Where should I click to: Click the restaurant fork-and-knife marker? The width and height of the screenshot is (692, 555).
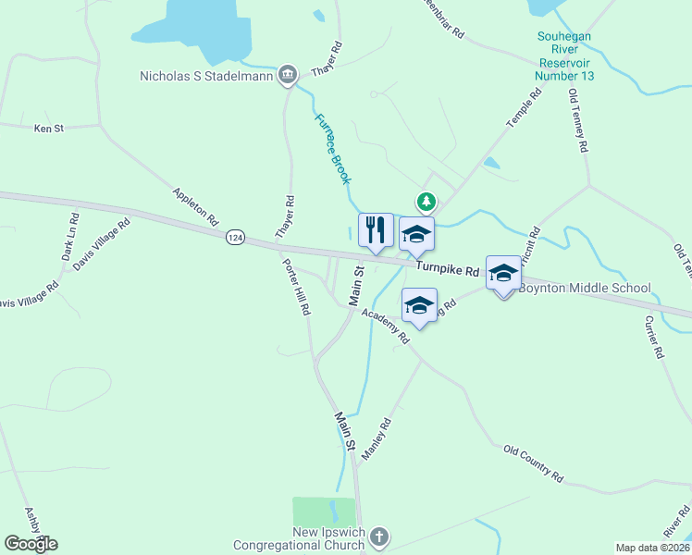tap(376, 230)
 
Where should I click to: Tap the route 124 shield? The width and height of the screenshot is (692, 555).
tap(236, 239)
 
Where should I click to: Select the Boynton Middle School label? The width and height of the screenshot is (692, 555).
tap(584, 288)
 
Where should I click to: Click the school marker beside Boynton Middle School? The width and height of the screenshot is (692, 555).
tap(503, 273)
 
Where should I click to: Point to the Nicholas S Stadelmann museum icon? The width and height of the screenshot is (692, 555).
tap(287, 74)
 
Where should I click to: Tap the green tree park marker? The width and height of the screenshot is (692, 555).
tap(426, 201)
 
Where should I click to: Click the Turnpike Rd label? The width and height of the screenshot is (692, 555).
tap(447, 269)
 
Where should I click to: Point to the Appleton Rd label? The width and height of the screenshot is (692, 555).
tap(195, 207)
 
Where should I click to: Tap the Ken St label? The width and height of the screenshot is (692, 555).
tap(48, 129)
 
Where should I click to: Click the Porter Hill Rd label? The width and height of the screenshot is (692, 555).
tap(295, 286)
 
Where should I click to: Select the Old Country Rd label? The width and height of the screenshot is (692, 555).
tap(533, 463)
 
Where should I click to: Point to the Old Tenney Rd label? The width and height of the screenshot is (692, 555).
tap(578, 121)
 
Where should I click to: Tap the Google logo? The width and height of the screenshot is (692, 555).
tap(31, 544)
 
